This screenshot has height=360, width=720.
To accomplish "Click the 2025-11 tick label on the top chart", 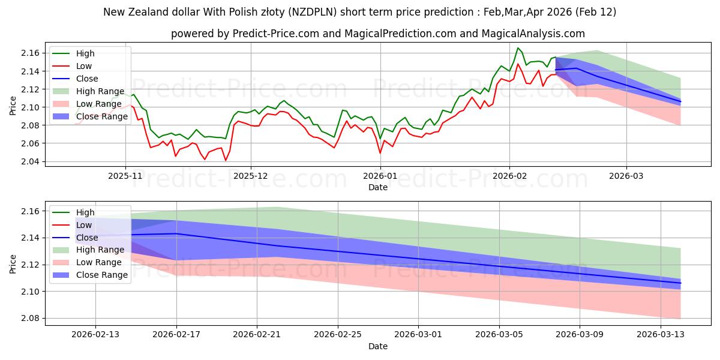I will (125, 176).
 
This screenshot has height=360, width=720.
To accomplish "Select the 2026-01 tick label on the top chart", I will (380, 176).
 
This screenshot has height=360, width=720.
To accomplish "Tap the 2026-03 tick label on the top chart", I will (626, 176).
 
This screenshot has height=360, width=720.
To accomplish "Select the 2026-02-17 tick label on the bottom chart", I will (176, 334).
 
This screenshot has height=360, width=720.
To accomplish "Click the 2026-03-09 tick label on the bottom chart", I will (580, 334).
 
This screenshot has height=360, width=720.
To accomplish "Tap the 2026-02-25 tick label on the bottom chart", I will (338, 334).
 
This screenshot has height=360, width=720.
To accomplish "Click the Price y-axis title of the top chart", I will (13, 105).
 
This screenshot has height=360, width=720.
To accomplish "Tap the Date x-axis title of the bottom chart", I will (378, 346).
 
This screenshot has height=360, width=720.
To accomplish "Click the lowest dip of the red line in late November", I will (226, 160).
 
